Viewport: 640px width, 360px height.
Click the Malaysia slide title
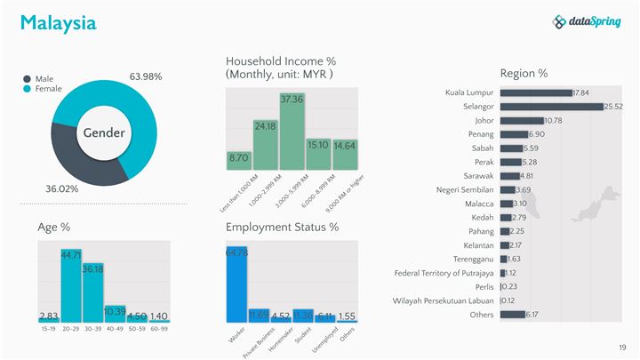pos(58,23)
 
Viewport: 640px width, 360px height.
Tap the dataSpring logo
pos(586,22)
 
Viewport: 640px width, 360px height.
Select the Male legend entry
pos(44,78)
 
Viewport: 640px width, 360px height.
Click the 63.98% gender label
pos(146,76)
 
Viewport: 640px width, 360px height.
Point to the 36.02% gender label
pos(62,189)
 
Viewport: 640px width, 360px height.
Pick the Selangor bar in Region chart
pos(551,107)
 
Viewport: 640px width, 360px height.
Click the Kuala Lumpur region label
pos(468,92)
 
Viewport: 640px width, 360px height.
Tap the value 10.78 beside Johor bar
pos(553,121)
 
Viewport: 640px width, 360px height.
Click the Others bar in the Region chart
pos(513,315)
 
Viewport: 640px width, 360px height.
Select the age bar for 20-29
pos(71,285)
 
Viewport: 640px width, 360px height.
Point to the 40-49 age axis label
pos(113,329)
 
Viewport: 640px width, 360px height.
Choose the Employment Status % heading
pos(282,228)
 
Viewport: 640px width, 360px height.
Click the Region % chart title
pos(524,73)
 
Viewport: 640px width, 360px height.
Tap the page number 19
pos(623,347)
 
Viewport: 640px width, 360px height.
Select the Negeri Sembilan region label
pos(465,189)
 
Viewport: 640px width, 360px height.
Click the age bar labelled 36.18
pos(93,292)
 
